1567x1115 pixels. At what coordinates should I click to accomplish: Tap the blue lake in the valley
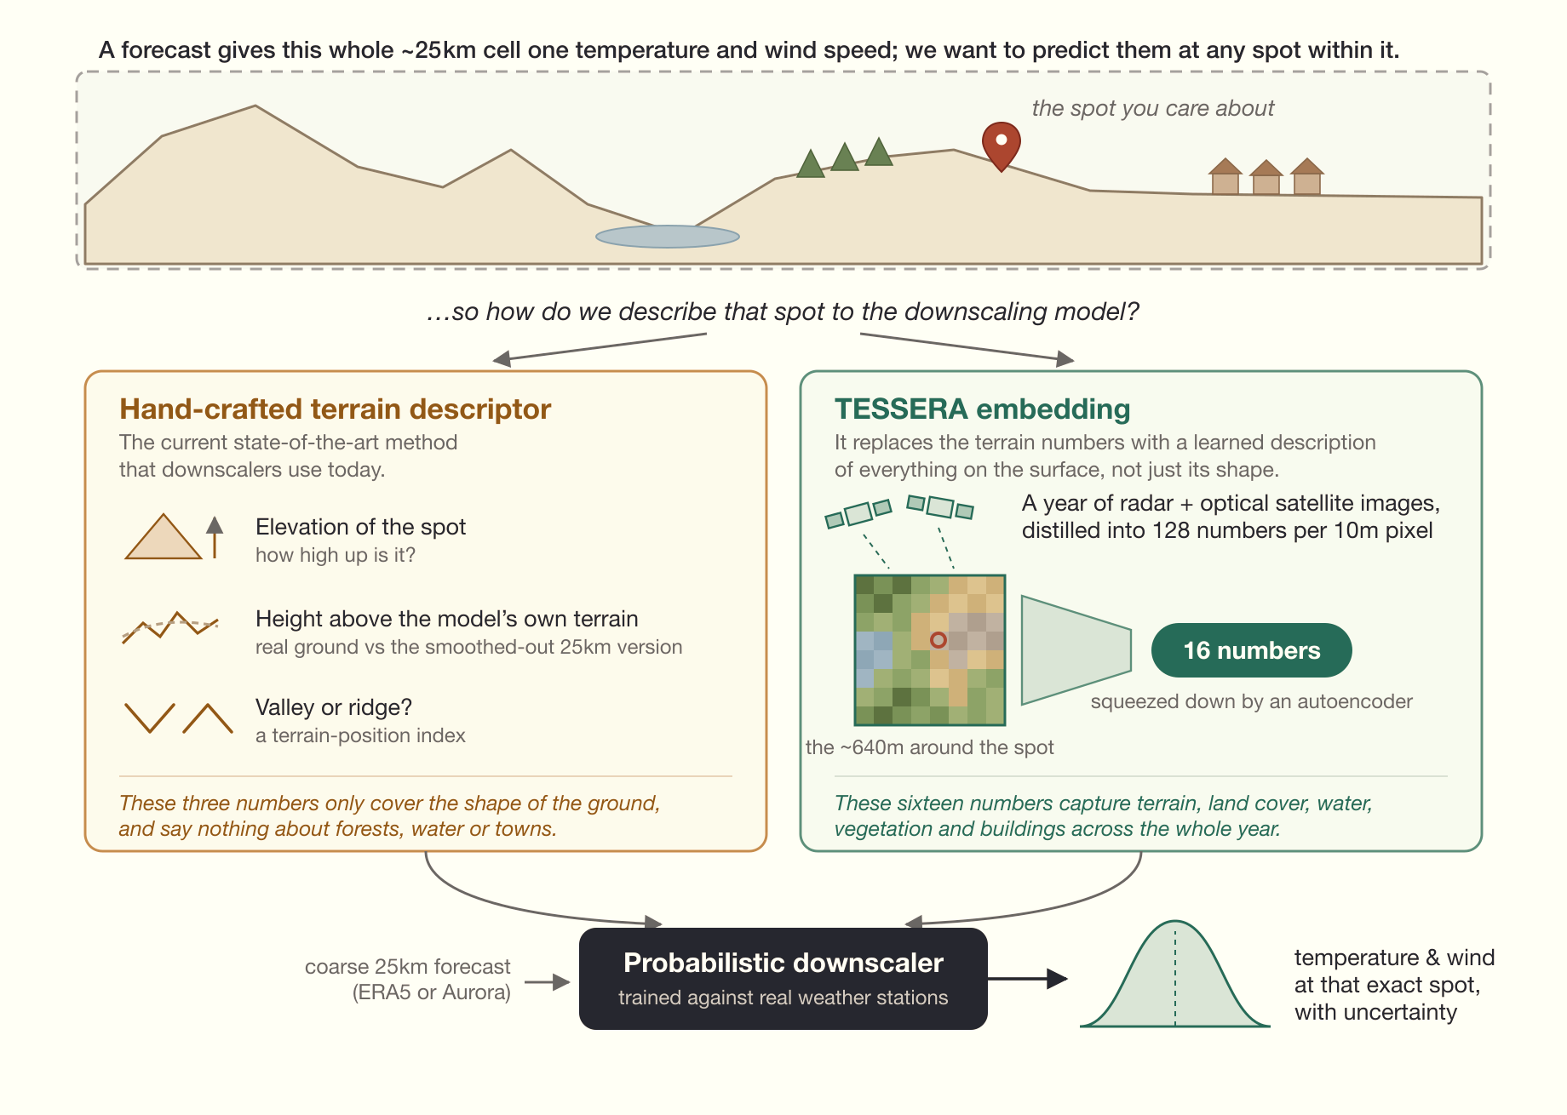pos(668,237)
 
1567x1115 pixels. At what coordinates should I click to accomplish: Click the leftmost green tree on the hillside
pos(811,163)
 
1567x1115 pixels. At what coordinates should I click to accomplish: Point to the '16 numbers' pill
pos(1251,650)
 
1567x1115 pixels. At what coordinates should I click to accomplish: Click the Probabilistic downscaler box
pos(783,979)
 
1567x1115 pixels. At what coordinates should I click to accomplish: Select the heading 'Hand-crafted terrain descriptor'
pos(336,409)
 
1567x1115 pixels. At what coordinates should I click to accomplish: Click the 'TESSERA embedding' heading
pos(982,409)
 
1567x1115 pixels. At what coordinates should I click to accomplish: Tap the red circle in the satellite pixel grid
pos(938,640)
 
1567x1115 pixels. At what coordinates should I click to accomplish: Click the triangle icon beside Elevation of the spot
pos(164,538)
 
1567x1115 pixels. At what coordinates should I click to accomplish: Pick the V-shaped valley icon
pos(150,718)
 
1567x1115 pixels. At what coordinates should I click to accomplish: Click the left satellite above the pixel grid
pos(858,513)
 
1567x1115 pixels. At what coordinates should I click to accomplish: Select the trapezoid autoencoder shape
pos(1076,650)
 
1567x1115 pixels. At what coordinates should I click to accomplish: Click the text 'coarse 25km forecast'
pos(408,967)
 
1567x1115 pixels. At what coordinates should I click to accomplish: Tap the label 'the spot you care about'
pos(1153,108)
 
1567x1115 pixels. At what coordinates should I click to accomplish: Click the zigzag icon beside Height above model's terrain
pos(170,628)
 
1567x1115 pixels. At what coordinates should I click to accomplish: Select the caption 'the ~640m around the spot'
pos(930,747)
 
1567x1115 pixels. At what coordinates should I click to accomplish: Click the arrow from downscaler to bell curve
pos(1028,979)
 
